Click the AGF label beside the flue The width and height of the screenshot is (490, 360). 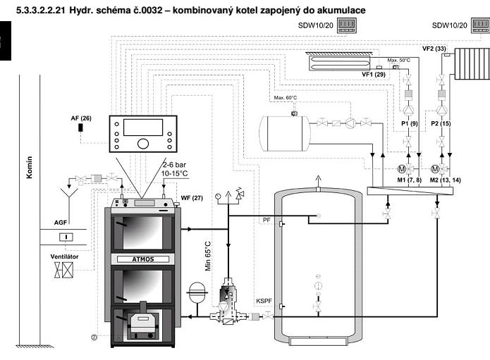[62, 222]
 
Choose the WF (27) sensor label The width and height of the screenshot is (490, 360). [191, 199]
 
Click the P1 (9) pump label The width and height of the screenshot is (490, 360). [410, 124]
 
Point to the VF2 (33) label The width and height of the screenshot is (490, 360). [435, 48]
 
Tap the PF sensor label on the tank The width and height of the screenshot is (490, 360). [267, 221]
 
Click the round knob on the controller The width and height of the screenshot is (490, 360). [143, 144]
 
